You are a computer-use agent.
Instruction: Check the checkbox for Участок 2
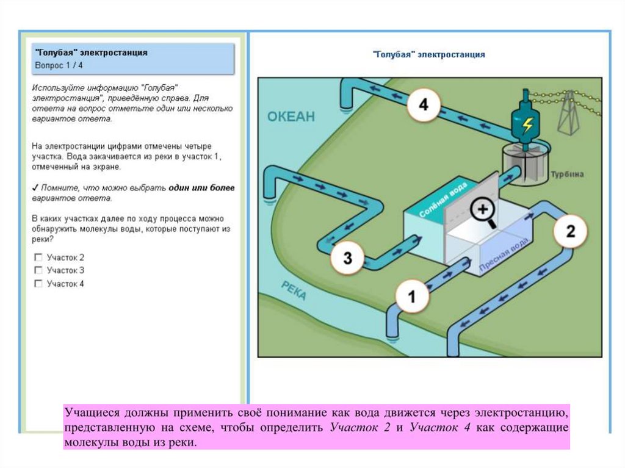click(x=39, y=257)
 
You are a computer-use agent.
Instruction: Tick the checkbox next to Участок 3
click(x=39, y=270)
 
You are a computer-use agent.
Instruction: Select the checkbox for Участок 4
click(x=39, y=284)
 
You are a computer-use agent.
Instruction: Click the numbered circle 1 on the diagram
click(x=411, y=297)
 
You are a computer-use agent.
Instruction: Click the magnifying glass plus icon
click(x=483, y=210)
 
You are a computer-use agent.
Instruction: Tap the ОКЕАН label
click(x=291, y=117)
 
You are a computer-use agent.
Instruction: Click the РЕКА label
click(x=294, y=290)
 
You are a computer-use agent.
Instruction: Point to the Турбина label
click(x=567, y=174)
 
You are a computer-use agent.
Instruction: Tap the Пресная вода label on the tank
click(x=504, y=253)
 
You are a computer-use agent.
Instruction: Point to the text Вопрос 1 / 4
click(x=59, y=65)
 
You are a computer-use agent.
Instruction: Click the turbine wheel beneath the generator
click(x=524, y=162)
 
